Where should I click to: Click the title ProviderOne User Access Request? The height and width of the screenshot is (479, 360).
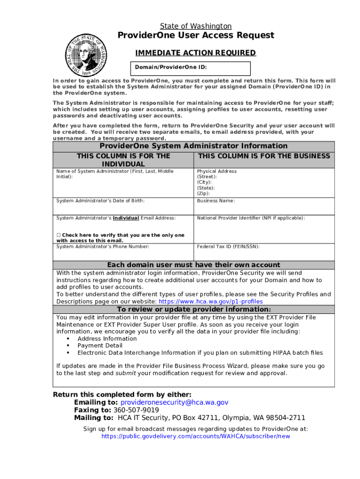pos(195,36)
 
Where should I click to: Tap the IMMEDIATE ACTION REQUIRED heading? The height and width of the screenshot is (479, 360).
pos(195,53)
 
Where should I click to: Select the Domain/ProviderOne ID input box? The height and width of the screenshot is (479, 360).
pos(191,67)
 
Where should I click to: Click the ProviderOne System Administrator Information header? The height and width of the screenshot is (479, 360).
pos(194,146)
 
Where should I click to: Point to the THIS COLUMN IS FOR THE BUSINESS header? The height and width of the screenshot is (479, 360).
pos(264,156)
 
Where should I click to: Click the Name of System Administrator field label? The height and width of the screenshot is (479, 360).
pos(115,174)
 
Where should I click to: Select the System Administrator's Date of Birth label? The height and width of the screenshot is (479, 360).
pos(101,201)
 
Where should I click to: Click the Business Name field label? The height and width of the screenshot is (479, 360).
pos(216,201)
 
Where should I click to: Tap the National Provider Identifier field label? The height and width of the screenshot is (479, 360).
pos(251,218)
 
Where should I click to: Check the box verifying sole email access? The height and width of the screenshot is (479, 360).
pos(59,235)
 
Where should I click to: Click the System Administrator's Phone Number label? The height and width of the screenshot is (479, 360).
pos(103,247)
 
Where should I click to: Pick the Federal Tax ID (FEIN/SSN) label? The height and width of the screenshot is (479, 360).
pos(228,247)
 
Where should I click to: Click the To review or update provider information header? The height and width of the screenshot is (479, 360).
pos(194,310)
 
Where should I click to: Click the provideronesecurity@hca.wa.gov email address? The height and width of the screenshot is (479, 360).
pos(174,402)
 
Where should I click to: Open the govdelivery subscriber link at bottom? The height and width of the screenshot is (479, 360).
pos(195,436)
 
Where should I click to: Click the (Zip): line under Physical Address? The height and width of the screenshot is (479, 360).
pos(203,193)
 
